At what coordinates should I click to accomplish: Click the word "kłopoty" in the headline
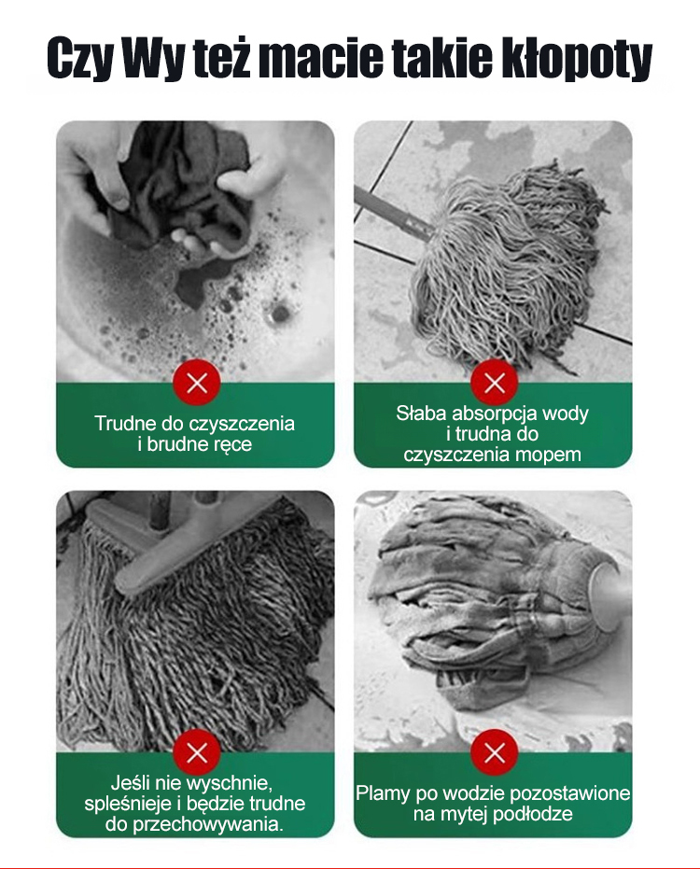click(577, 58)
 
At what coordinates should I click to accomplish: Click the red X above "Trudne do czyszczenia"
click(197, 382)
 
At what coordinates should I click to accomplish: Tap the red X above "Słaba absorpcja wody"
click(494, 382)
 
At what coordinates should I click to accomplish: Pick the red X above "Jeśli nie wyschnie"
click(197, 752)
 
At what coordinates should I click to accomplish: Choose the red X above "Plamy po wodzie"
click(494, 752)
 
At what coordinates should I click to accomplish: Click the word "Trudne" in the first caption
click(125, 424)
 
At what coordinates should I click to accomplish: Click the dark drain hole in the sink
click(280, 313)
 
